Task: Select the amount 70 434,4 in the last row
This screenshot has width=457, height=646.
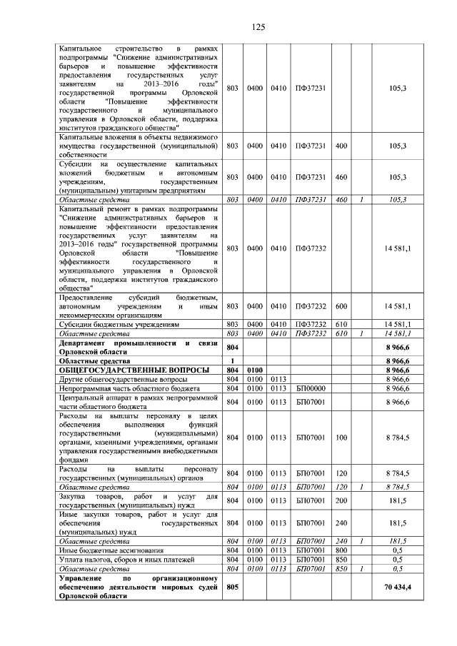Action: pos(397,587)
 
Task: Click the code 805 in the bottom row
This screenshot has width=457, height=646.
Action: pos(231,587)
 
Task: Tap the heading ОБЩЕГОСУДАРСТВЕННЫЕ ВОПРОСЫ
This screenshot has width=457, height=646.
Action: pos(134,370)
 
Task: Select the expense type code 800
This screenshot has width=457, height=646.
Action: pos(341,551)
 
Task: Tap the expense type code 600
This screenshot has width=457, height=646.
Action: pos(341,306)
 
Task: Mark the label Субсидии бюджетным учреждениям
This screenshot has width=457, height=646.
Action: pos(119,324)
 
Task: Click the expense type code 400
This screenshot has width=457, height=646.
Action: pos(341,146)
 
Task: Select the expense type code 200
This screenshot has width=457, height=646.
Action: pos(341,500)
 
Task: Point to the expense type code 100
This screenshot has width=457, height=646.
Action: pos(341,438)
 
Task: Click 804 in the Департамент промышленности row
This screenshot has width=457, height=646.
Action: pos(231,347)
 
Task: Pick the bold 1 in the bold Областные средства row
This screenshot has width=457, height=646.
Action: pos(231,361)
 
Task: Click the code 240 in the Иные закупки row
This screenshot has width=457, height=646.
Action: pos(341,523)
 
